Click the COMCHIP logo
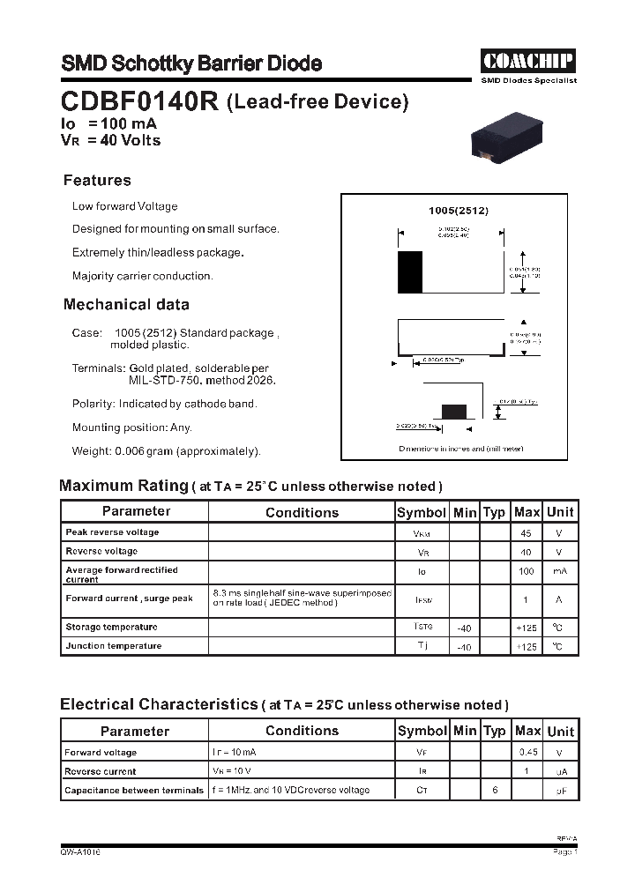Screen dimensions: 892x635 (528, 61)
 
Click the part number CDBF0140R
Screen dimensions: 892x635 (139, 101)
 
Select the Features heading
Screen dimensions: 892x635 (97, 181)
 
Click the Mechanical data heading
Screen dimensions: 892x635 (126, 305)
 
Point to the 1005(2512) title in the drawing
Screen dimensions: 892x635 (458, 211)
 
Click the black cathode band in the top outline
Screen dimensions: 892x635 (410, 271)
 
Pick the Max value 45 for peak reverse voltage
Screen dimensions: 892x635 (527, 533)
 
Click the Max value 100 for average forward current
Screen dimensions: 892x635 (527, 571)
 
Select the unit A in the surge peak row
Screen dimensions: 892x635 (559, 599)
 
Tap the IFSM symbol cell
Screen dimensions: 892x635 (422, 599)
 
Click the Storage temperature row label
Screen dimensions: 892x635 (111, 627)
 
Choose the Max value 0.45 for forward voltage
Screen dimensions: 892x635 (527, 753)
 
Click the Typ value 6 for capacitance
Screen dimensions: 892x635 (495, 790)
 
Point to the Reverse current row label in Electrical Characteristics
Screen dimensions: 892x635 (101, 771)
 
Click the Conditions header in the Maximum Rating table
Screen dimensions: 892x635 (302, 512)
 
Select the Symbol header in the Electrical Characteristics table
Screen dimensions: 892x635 (422, 731)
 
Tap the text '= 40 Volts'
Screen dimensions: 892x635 (123, 140)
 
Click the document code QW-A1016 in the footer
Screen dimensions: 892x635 (81, 852)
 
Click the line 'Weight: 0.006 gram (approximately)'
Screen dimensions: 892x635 (167, 451)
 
